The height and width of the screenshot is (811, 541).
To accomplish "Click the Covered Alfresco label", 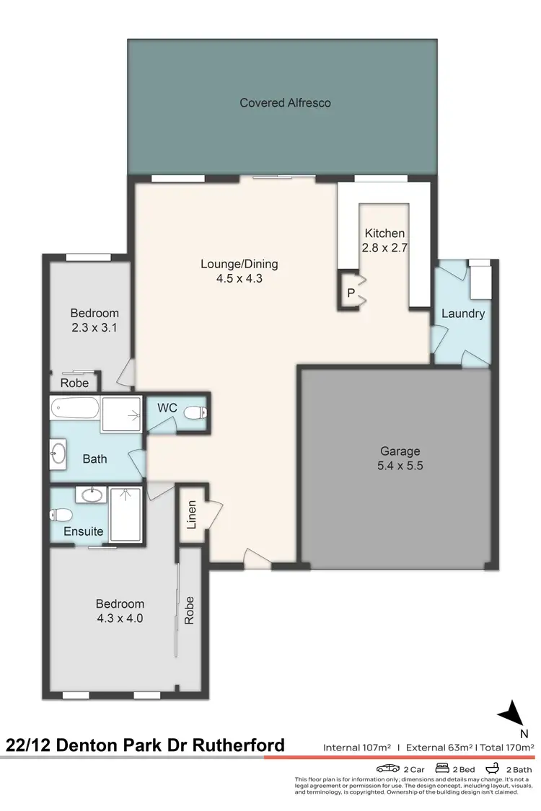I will [x=285, y=103].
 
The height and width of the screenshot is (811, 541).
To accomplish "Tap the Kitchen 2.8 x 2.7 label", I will [x=384, y=241].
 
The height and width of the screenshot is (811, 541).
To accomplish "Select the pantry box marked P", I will [x=351, y=293].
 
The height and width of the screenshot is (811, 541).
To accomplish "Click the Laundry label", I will [x=462, y=314].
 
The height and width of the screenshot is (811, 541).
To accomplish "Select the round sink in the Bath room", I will [x=58, y=454].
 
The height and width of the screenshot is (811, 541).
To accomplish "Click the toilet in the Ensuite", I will [x=59, y=515].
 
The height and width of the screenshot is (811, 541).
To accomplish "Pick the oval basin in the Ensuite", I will [x=92, y=496].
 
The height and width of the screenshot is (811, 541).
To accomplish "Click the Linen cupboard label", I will [x=191, y=515].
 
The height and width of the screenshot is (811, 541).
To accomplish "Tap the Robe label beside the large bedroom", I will [x=190, y=611].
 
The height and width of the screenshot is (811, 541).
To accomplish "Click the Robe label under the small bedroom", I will [x=74, y=383].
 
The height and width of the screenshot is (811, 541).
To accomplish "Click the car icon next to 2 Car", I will [x=387, y=768].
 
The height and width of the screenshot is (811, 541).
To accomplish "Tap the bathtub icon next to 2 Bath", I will [x=493, y=768].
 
